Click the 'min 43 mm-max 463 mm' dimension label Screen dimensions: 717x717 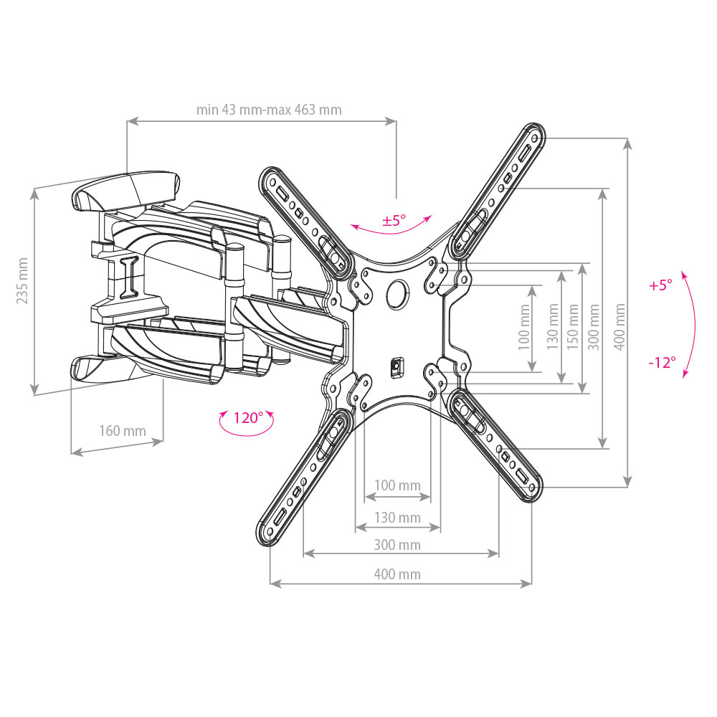pos(269,110)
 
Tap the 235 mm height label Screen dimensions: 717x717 pos(22,281)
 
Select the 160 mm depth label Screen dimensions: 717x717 pos(123,431)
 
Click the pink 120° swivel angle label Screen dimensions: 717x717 pos(248,417)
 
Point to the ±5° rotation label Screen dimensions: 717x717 pos(394,220)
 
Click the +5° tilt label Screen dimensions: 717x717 pos(661,285)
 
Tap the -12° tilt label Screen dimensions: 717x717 pos(662,362)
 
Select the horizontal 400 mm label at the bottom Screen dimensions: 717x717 pos(397,574)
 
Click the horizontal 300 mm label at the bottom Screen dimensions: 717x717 pos(397,545)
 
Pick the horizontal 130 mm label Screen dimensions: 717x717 pos(397,518)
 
